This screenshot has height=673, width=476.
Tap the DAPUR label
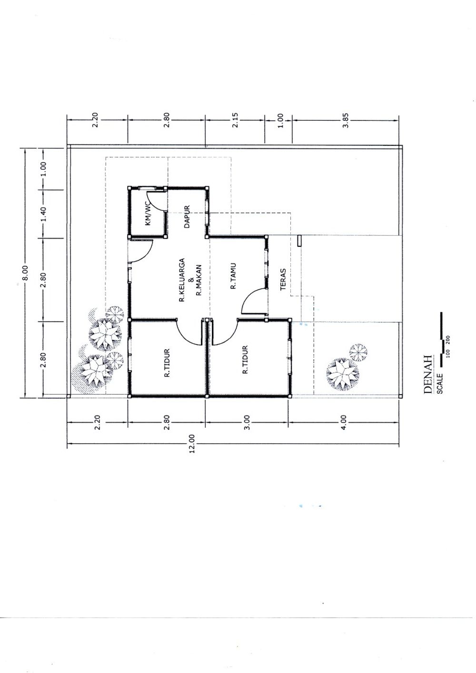click(x=187, y=216)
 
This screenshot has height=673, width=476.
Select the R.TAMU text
click(x=233, y=277)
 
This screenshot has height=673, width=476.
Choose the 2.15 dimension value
click(x=235, y=120)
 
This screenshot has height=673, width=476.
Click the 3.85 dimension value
click(x=346, y=120)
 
